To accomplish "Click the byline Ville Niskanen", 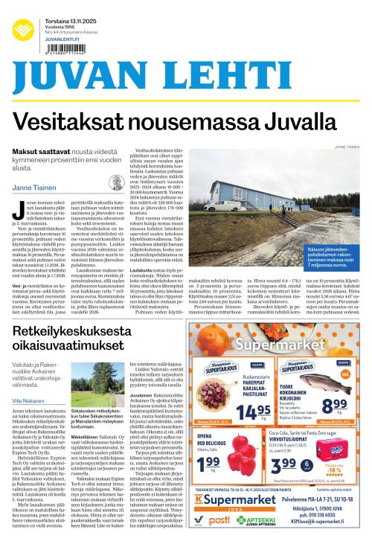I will (28, 400).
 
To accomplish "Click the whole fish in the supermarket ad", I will (324, 383).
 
